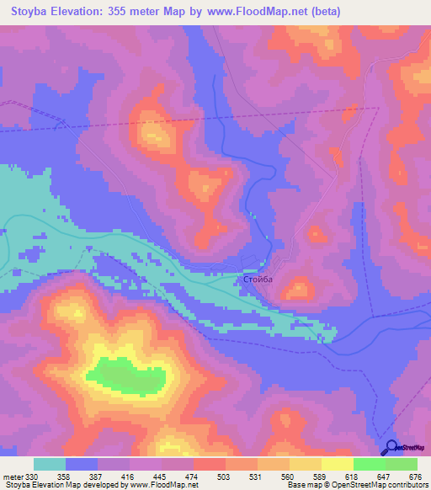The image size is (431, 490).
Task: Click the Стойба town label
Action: click(255, 279)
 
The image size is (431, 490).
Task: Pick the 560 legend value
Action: click(289, 477)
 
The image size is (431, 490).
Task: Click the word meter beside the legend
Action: click(13, 477)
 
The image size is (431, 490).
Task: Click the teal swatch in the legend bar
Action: click(50, 464)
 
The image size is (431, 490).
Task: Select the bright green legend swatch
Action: click(370, 464)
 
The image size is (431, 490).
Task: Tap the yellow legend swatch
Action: click(338, 464)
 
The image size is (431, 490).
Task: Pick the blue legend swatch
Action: click(82, 464)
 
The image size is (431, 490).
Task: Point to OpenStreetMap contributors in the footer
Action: click(380, 485)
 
